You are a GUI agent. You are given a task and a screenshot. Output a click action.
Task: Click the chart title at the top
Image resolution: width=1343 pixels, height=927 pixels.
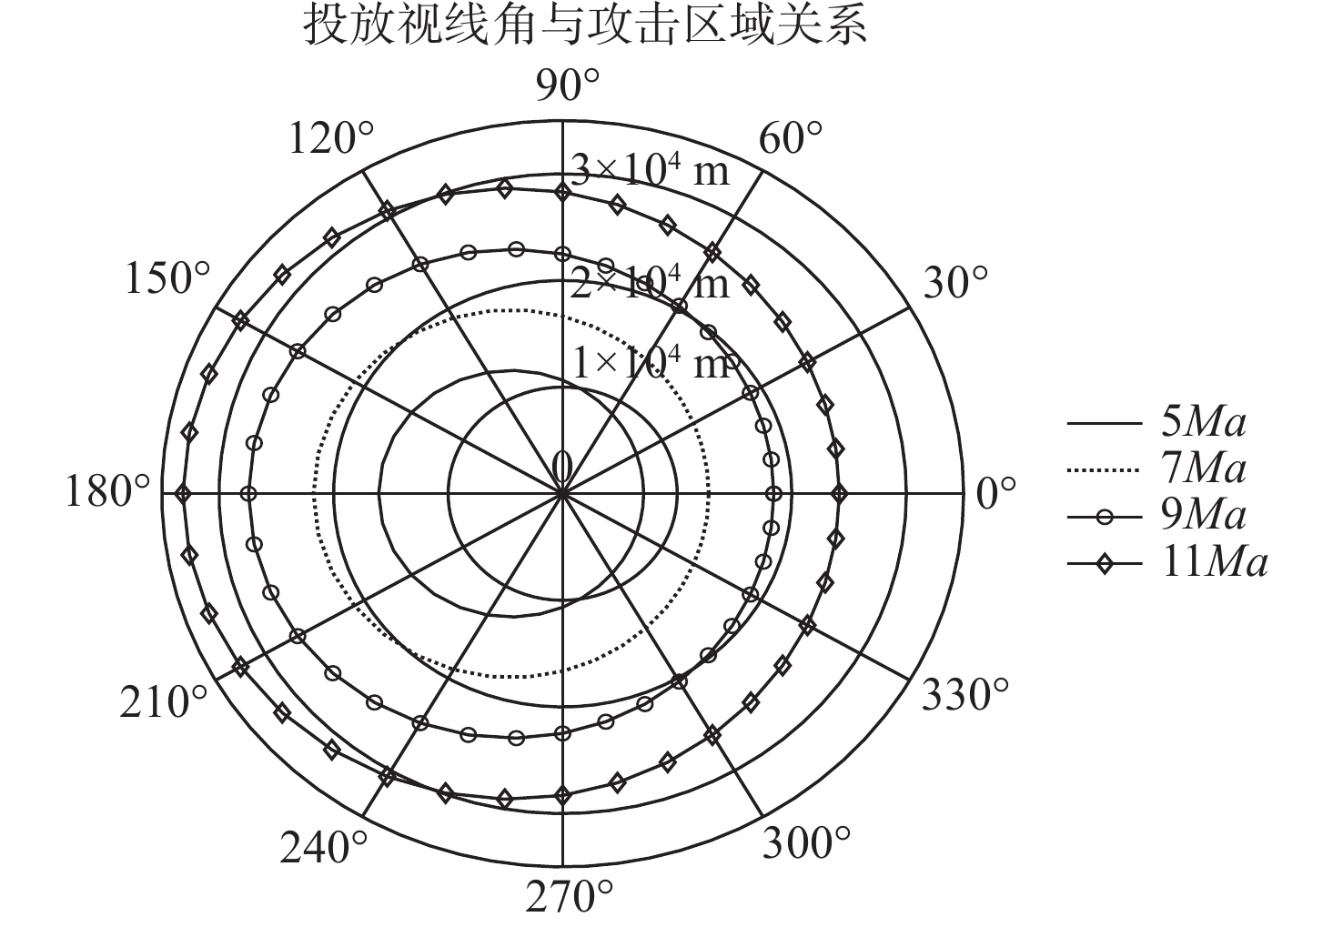coord(585,25)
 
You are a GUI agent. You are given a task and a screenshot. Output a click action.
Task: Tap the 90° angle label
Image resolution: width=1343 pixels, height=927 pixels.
coord(568,86)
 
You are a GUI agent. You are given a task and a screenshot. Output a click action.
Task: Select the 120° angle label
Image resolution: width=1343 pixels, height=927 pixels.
coord(331,138)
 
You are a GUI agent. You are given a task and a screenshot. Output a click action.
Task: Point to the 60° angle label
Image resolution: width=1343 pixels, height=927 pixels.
coord(790,138)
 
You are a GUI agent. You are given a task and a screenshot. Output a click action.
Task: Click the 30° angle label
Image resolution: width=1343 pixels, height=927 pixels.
coord(955,282)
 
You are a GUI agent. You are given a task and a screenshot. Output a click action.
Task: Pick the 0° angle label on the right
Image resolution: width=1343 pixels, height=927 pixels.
coord(995,494)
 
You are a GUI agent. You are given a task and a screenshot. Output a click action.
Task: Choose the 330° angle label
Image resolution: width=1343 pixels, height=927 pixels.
coord(965,695)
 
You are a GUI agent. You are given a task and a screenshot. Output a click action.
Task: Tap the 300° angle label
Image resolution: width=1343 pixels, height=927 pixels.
coord(806,842)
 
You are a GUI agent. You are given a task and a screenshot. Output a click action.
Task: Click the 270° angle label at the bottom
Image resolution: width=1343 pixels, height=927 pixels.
coord(570,897)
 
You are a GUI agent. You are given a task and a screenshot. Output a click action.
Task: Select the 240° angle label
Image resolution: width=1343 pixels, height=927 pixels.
coord(324,848)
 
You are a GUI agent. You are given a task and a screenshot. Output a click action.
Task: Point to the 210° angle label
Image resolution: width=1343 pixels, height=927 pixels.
coord(164,702)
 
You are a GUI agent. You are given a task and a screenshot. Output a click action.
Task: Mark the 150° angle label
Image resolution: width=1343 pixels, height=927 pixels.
coord(167,278)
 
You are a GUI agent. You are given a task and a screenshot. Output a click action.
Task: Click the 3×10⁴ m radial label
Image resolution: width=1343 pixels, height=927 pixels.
coord(650,170)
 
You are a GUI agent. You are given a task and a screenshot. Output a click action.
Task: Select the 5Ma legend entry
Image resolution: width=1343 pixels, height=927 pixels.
coord(1156,423)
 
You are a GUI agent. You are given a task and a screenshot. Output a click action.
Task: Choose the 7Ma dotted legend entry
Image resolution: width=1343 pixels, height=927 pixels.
coord(1156,469)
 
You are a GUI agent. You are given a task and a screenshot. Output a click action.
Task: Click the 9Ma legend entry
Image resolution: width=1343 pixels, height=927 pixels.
coord(1156,517)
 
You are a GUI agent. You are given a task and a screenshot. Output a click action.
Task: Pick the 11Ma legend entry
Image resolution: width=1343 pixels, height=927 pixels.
coord(1167,563)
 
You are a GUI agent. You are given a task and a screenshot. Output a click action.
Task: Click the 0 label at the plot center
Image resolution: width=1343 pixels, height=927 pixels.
coord(561,467)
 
